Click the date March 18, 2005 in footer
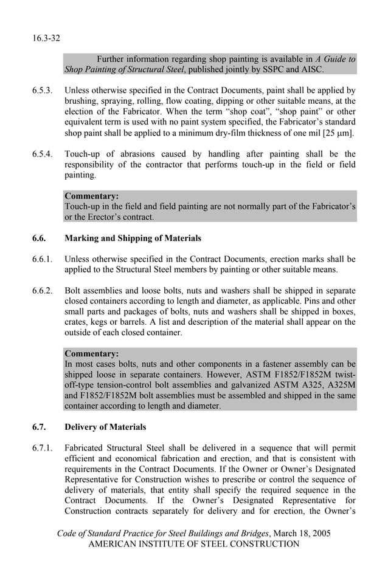click(x=302, y=534)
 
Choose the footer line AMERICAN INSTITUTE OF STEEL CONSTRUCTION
click(x=194, y=545)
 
